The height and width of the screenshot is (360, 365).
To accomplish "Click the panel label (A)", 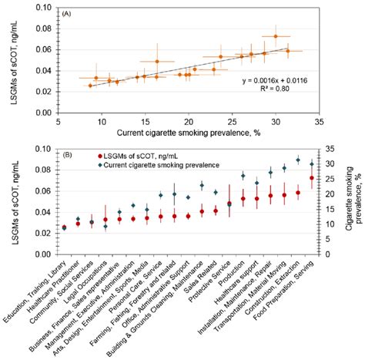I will (x=69, y=12).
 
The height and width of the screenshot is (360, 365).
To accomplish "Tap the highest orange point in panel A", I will (x=276, y=36).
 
